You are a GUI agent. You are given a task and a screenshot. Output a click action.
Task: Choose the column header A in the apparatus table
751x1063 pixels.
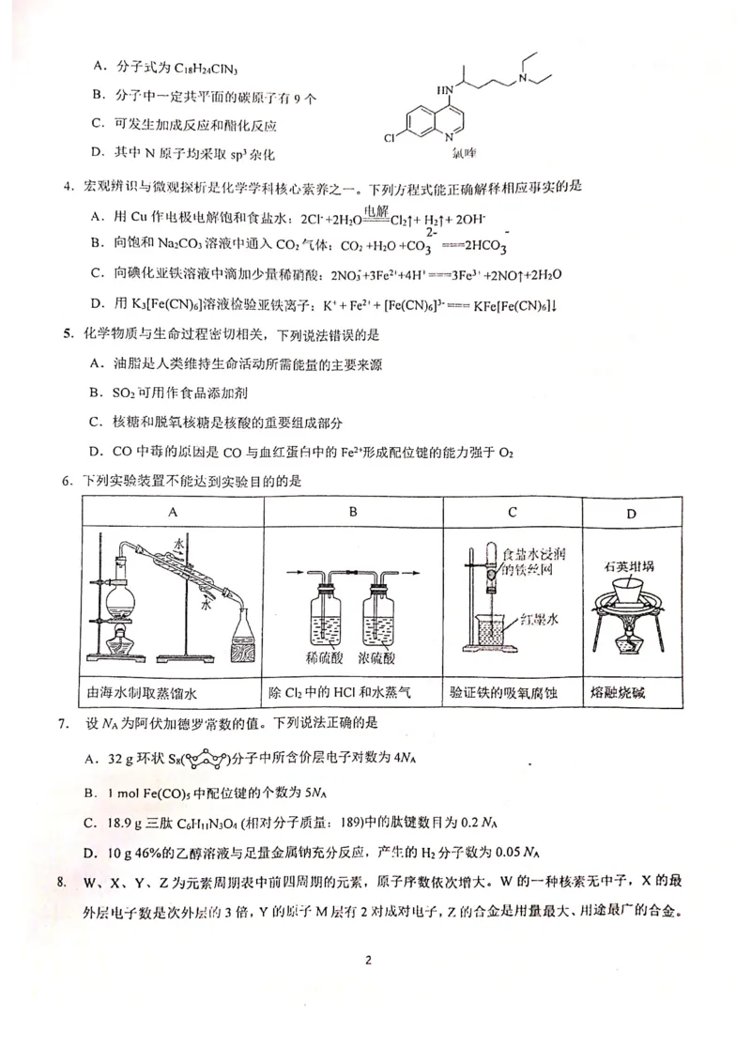(173, 512)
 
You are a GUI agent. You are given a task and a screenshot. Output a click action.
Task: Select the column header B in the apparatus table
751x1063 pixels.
(353, 512)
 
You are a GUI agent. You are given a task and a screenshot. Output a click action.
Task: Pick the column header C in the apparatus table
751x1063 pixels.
(513, 512)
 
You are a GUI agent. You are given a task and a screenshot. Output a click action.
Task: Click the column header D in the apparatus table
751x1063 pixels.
(631, 513)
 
